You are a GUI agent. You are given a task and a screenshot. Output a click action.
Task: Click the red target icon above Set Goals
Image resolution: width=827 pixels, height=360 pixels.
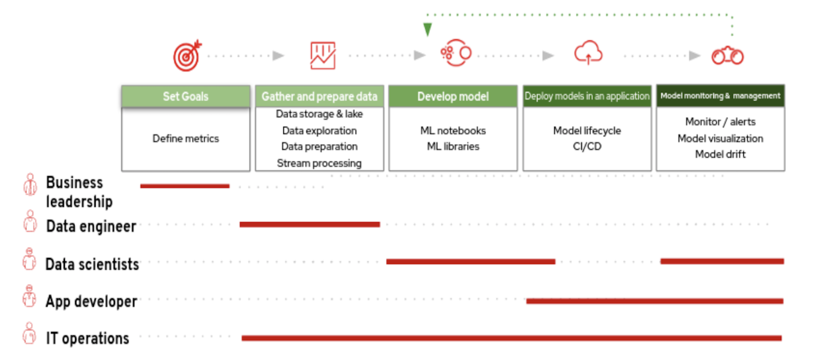[x=187, y=56]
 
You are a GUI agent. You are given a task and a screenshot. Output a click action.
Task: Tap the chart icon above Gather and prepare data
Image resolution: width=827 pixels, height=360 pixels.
[x=323, y=56]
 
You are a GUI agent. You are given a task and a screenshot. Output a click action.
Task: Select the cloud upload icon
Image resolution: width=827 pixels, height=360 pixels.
[x=588, y=53]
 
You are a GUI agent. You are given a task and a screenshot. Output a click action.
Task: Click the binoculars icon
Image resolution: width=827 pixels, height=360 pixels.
[x=727, y=56]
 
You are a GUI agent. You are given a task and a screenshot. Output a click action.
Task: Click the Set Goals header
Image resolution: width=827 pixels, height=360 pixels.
[x=185, y=96]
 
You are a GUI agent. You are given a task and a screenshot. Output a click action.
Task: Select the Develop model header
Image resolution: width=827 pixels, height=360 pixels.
[x=453, y=96]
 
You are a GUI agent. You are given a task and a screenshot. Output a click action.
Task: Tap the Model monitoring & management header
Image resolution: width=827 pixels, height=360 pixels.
[x=720, y=96]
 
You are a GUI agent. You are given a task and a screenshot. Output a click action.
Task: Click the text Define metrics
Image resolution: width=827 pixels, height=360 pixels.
[x=185, y=139]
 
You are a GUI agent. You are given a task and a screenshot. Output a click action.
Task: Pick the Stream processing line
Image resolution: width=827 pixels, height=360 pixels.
[x=319, y=163]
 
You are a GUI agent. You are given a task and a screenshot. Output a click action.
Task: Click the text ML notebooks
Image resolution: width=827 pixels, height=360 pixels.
[x=453, y=130]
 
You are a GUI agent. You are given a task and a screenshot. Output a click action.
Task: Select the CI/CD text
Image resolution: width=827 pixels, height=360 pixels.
[x=587, y=146]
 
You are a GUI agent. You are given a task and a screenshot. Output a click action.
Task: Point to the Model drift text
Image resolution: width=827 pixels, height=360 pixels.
[x=720, y=154]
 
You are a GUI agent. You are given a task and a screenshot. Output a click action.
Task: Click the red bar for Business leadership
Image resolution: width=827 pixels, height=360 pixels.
[x=184, y=186]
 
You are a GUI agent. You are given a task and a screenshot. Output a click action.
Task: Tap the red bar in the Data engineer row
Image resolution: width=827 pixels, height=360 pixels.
[x=310, y=224]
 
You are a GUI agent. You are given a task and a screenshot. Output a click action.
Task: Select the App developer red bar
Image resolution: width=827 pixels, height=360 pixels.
[x=655, y=301]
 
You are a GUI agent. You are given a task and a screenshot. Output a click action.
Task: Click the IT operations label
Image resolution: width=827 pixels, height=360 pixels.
[x=87, y=338]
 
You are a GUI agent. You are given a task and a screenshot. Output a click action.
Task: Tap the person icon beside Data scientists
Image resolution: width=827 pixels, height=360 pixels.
[x=30, y=259]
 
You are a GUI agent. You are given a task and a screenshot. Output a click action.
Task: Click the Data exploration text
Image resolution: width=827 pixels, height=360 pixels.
[x=319, y=130]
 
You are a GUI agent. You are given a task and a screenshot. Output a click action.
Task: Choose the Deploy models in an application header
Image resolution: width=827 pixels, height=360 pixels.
[x=587, y=96]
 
